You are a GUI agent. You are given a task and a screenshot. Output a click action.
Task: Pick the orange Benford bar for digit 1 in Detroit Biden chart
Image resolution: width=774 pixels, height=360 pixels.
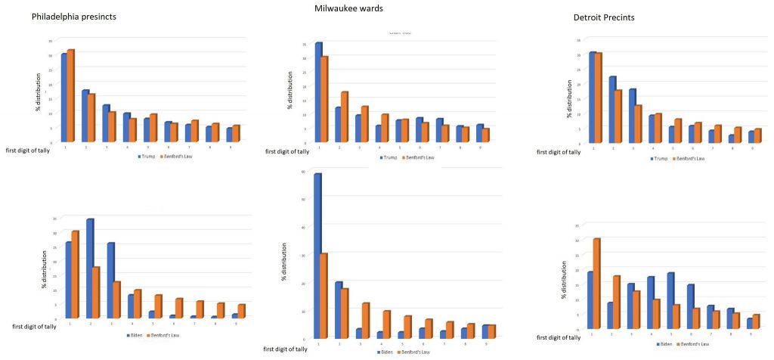point(597,284)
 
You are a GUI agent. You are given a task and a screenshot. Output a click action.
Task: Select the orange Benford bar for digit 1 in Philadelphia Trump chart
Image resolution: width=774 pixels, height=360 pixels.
point(71,95)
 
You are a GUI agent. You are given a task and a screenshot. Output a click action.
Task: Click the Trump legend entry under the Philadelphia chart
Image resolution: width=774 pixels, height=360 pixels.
point(145,157)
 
